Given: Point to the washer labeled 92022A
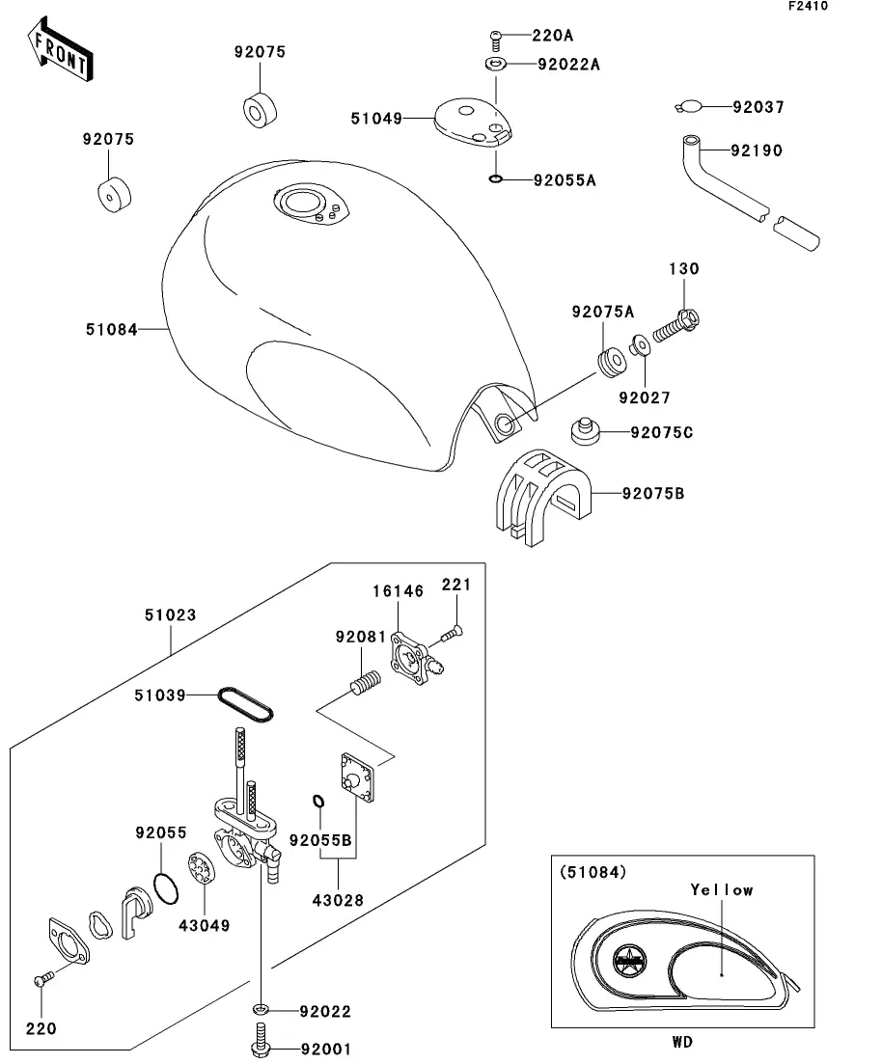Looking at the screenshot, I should [495, 65].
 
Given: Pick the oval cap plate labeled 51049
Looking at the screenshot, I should [468, 122].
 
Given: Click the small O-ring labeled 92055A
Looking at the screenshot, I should [495, 179].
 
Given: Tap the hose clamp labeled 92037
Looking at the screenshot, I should [688, 107].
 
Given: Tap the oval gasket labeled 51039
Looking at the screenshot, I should [245, 701].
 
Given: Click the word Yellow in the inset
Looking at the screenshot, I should [722, 889].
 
